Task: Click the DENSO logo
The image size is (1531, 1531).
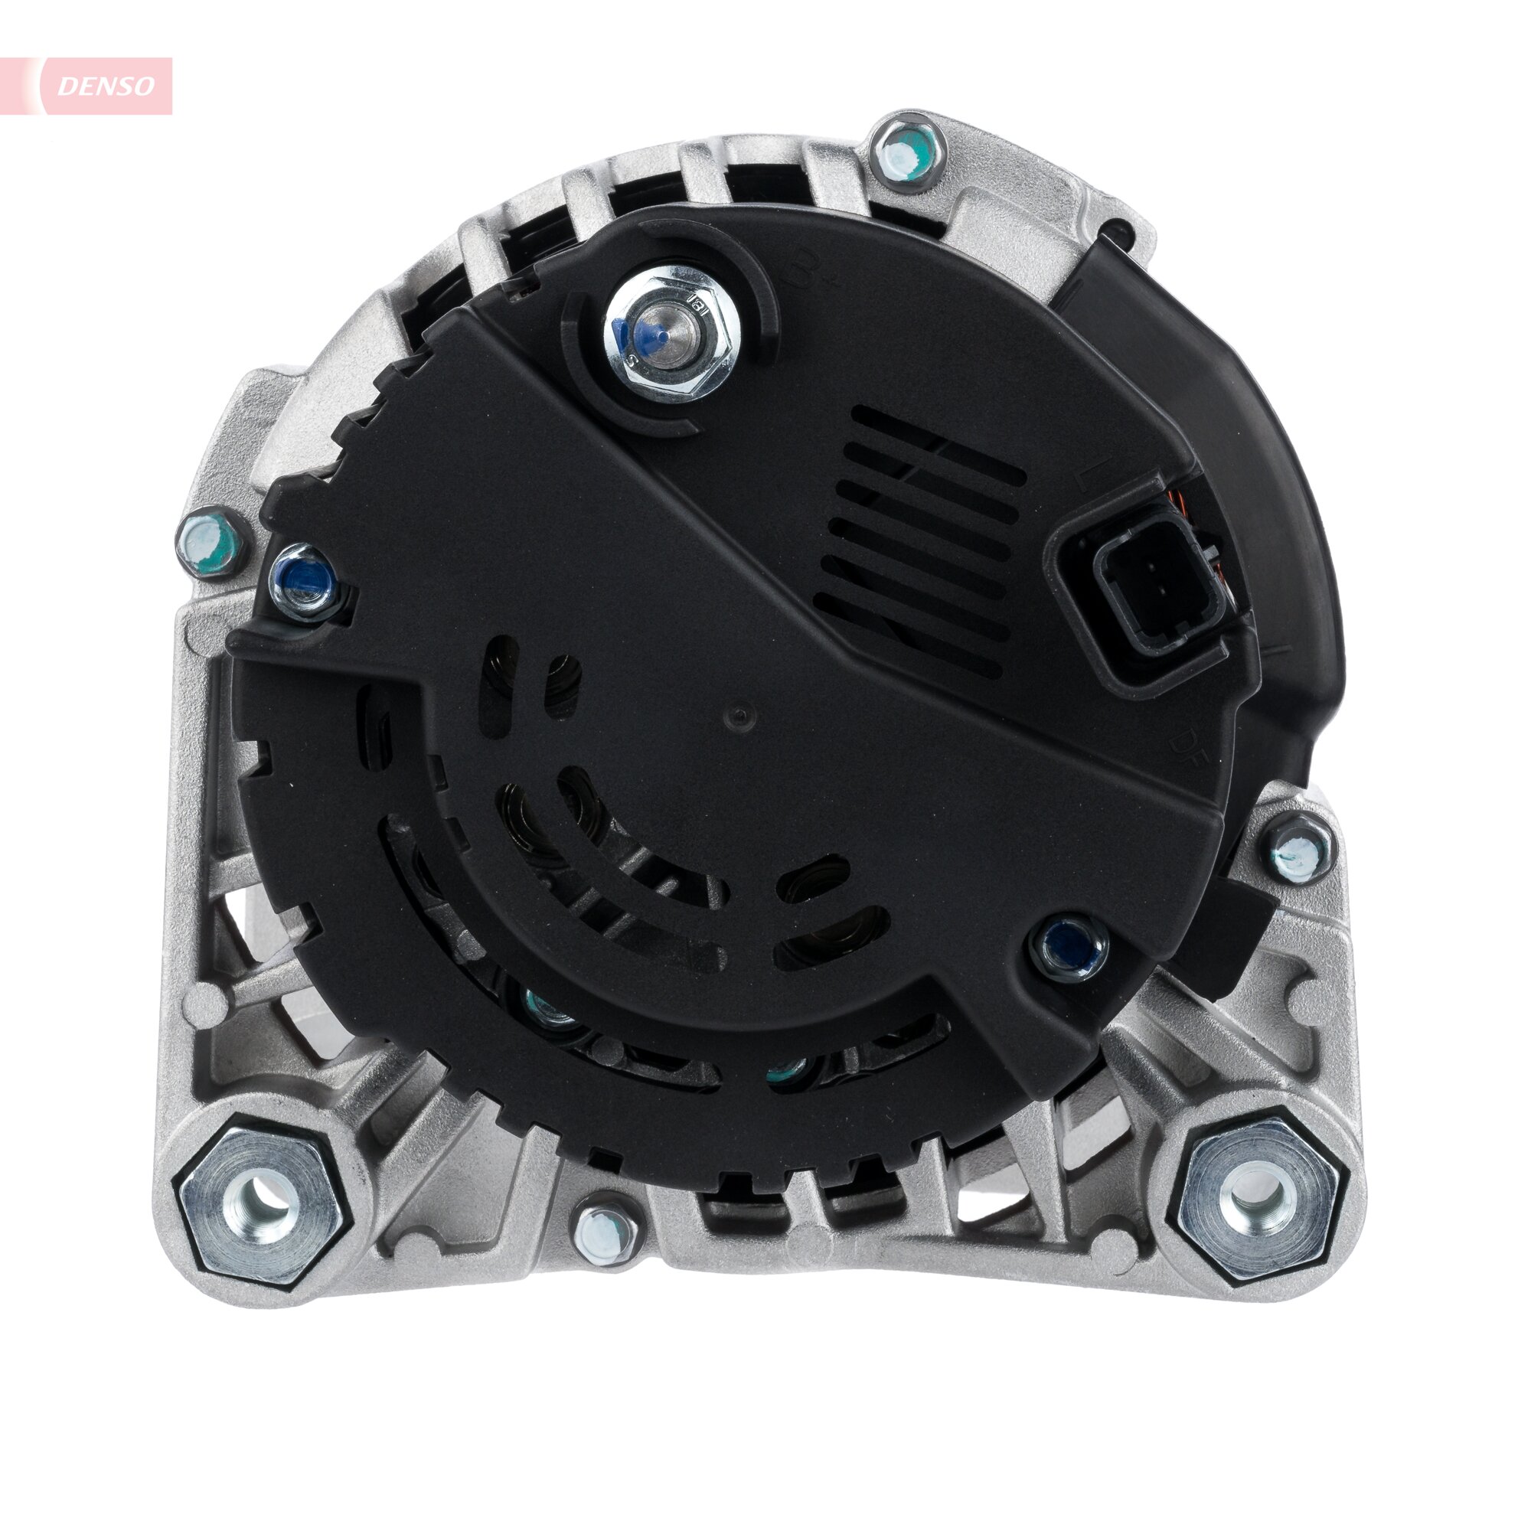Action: pos(106,86)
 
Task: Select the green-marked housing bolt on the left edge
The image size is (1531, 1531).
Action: pos(211,545)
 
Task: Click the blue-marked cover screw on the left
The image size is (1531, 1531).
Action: pos(305,582)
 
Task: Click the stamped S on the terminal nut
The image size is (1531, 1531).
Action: pos(632,361)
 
